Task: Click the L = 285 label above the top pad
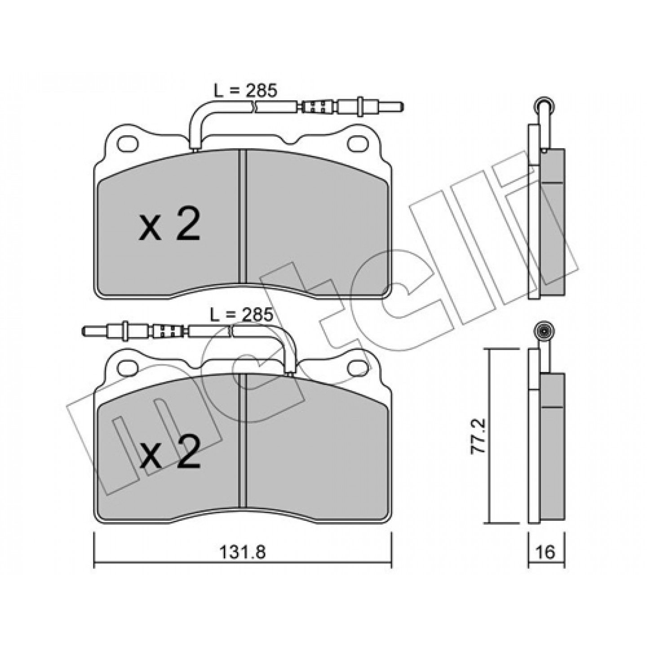click(245, 91)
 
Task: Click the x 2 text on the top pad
click(169, 224)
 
